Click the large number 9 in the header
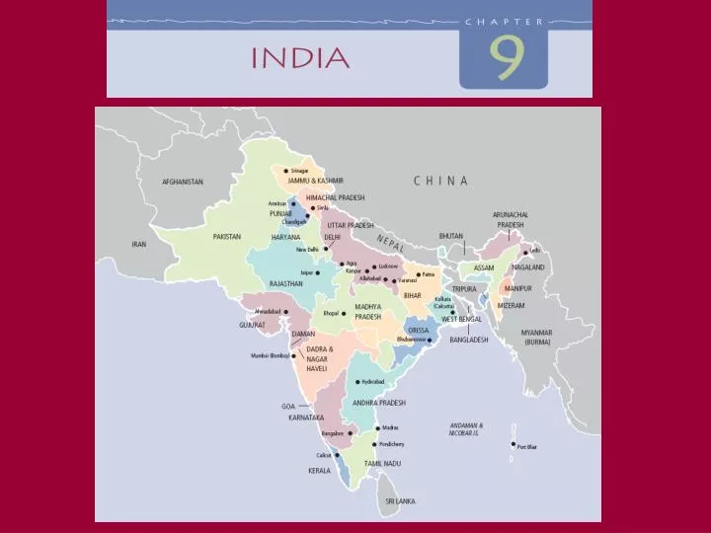pos(504,58)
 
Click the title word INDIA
pos(300,57)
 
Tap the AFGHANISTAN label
pos(183,182)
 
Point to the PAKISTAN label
pos(227,236)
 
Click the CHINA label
pos(440,181)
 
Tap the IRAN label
pos(138,244)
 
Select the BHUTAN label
pos(450,236)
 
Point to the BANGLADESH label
pos(469,340)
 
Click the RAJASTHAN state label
pos(286,283)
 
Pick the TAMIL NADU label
pos(381,463)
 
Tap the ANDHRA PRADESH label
pos(380,403)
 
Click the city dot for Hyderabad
pos(357,381)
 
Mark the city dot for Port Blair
pos(513,445)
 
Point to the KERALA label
pos(318,471)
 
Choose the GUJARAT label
pos(253,325)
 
